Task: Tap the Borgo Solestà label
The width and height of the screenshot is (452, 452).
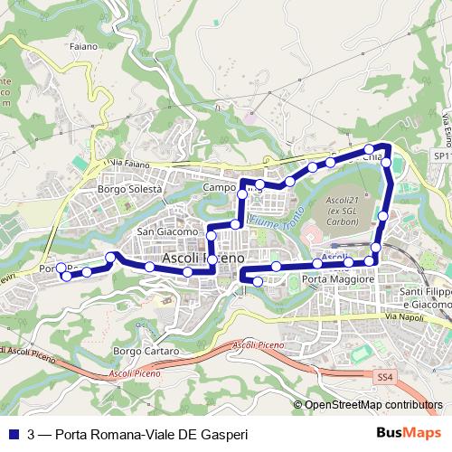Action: click(x=129, y=190)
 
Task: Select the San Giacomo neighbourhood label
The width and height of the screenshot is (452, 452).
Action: click(x=166, y=231)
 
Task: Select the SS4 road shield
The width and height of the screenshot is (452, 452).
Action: click(x=386, y=375)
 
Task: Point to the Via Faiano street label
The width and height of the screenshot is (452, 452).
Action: click(x=126, y=164)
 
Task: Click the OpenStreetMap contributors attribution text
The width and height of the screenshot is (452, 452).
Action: click(x=373, y=405)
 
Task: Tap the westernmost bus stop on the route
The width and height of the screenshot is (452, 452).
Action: click(x=61, y=268)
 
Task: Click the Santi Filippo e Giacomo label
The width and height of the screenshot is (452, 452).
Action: click(x=425, y=298)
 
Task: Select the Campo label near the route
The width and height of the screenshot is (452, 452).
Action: click(x=219, y=187)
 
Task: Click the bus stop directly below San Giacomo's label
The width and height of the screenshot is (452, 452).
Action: click(x=212, y=236)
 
